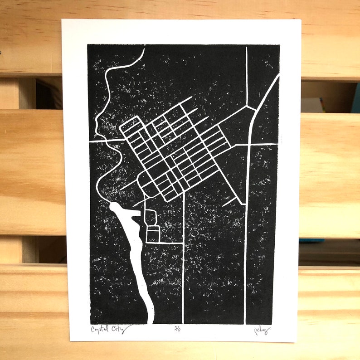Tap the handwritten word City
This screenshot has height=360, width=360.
122,327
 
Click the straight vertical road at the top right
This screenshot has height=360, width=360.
247,73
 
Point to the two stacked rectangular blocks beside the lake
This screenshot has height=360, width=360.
152,226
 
